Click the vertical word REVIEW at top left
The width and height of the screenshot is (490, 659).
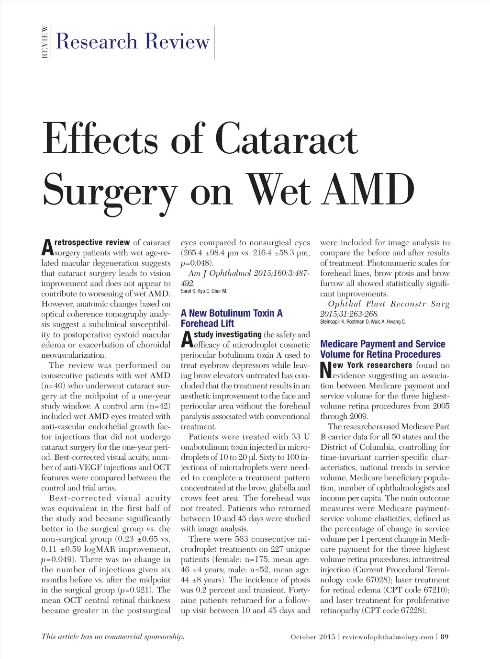click(45, 42)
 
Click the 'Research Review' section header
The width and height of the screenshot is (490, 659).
click(133, 41)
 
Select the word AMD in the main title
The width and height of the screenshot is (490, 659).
click(368, 190)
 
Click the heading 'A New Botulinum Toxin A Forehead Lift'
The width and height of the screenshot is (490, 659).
click(232, 318)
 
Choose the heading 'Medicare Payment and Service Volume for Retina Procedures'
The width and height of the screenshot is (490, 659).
click(382, 349)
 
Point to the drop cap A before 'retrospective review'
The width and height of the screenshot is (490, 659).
click(47, 248)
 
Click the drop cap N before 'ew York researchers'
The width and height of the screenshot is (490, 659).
click(326, 370)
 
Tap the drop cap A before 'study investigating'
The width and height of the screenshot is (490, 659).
click(187, 340)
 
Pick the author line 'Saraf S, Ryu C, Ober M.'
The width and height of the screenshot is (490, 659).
click(204, 291)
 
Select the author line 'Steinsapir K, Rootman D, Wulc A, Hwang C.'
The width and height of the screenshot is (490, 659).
click(363, 322)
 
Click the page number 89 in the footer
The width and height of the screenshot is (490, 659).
click(445, 637)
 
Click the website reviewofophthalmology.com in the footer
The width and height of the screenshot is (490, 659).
click(388, 637)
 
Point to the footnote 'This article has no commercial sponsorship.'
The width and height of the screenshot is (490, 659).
click(113, 636)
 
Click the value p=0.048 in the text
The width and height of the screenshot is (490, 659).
click(196, 263)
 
